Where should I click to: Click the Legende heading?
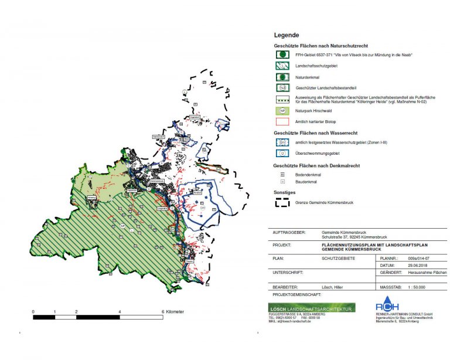[x=287, y=35]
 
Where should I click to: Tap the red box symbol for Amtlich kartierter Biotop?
[x=282, y=121]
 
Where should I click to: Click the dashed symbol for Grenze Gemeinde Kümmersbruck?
[x=282, y=202]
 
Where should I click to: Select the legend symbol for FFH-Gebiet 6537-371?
[x=282, y=55]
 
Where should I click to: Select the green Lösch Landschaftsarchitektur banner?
[x=311, y=308]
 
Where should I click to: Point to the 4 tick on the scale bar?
[x=120, y=311]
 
